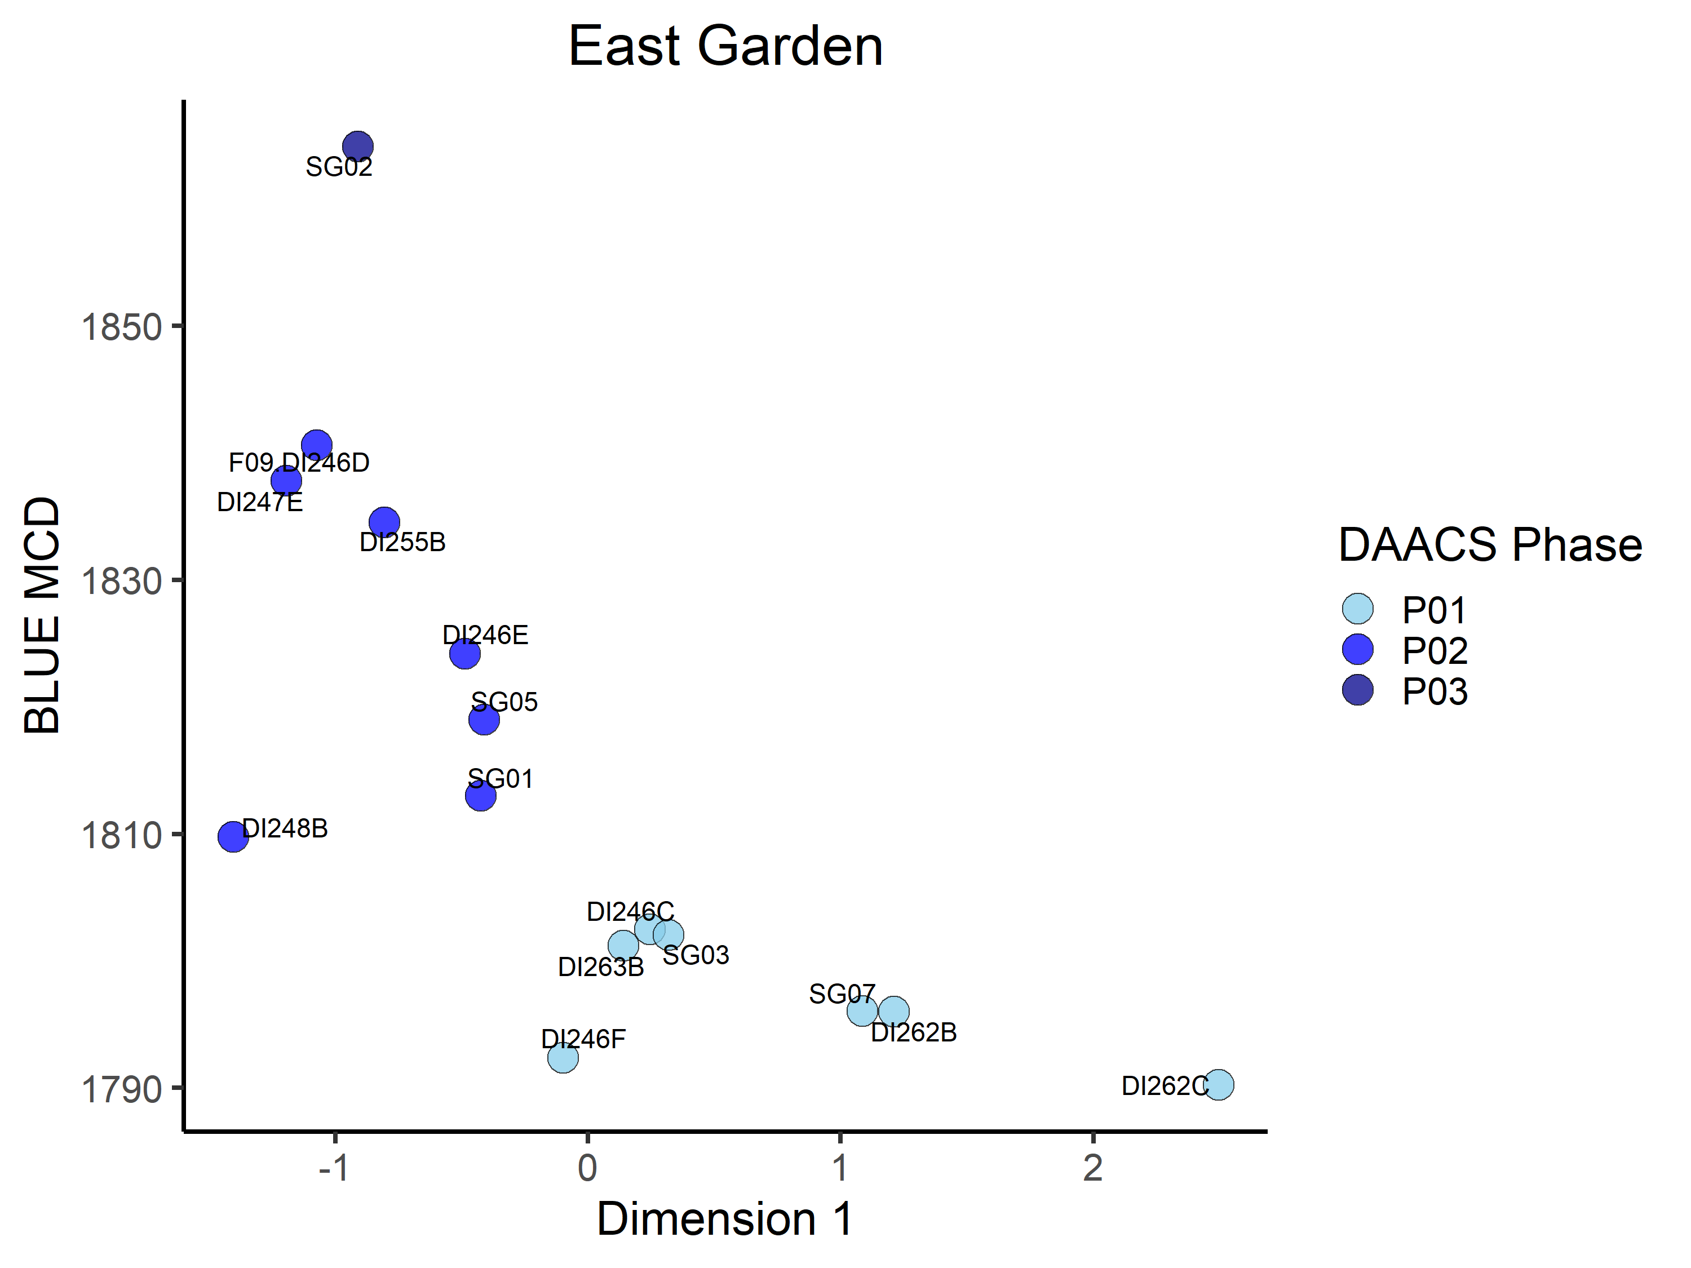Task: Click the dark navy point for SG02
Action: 358,146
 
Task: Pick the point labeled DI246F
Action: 563,1058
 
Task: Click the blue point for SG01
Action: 480,796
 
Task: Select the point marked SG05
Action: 484,719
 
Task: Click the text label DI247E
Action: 260,502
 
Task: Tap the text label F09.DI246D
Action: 299,463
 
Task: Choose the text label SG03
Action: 696,955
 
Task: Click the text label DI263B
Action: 601,967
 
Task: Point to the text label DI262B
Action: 914,1032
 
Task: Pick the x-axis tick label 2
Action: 1093,1168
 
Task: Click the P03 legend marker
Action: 1358,690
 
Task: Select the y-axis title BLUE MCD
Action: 42,615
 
